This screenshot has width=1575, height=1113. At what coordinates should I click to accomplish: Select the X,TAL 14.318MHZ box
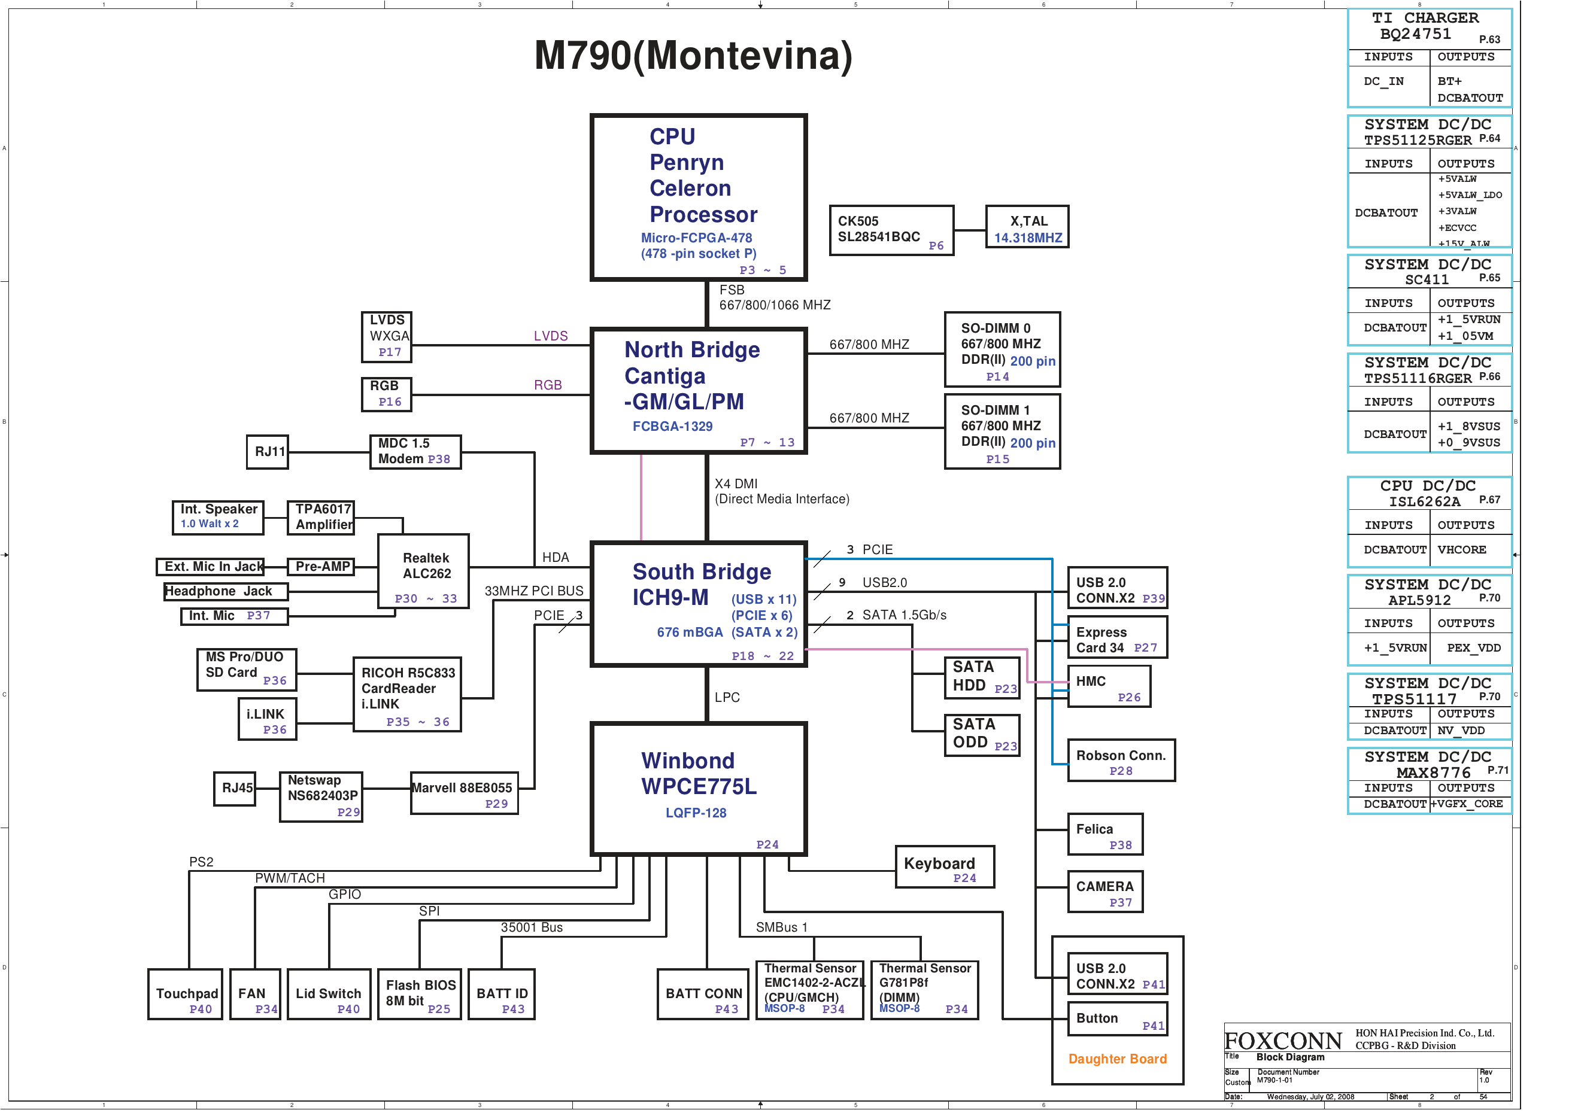[x=1026, y=227]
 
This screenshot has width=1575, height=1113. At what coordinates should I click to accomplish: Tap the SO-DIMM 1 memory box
[x=1002, y=431]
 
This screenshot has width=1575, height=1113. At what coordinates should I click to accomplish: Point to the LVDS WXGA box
[x=386, y=337]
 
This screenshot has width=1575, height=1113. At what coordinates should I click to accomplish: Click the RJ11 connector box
[x=267, y=452]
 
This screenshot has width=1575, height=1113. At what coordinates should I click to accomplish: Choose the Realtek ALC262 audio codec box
[x=423, y=571]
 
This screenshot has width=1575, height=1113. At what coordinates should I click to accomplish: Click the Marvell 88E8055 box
[x=464, y=793]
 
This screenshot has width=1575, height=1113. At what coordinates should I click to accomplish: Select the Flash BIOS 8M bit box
[x=419, y=994]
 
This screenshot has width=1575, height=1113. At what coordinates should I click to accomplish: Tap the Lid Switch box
[x=329, y=994]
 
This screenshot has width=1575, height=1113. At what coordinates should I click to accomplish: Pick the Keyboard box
[x=944, y=867]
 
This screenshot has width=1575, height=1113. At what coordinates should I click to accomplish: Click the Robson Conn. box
[x=1120, y=761]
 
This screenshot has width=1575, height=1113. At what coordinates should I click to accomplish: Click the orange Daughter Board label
[x=1117, y=1059]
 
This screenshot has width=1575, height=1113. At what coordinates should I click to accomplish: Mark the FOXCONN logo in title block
[x=1282, y=1041]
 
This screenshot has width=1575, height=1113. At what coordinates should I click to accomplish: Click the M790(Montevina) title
[x=693, y=56]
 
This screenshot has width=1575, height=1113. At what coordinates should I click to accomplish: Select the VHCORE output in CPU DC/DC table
[x=1462, y=550]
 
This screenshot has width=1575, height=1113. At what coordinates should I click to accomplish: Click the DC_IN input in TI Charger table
[x=1383, y=81]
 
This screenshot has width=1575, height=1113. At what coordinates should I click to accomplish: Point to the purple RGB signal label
[x=547, y=385]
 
